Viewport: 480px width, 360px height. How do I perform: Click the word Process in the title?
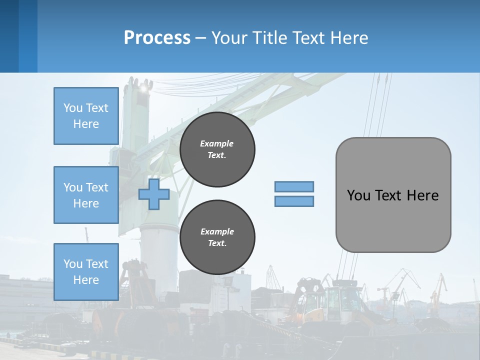point(157,38)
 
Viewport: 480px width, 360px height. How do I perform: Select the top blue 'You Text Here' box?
point(86,116)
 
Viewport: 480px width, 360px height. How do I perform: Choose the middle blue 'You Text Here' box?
point(86,195)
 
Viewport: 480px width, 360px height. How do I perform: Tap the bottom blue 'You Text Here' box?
point(86,271)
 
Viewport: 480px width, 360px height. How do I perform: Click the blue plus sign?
point(154,194)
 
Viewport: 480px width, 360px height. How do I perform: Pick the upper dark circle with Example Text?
point(217,149)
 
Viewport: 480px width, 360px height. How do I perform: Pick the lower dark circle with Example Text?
point(217,237)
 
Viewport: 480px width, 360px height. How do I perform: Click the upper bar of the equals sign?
point(294,186)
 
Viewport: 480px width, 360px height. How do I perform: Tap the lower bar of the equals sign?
point(294,201)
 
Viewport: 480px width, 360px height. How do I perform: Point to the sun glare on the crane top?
point(145,88)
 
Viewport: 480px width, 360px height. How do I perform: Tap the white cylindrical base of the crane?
point(159,250)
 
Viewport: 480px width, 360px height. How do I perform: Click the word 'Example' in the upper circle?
point(217,143)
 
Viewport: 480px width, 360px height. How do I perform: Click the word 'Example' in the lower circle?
point(217,231)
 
